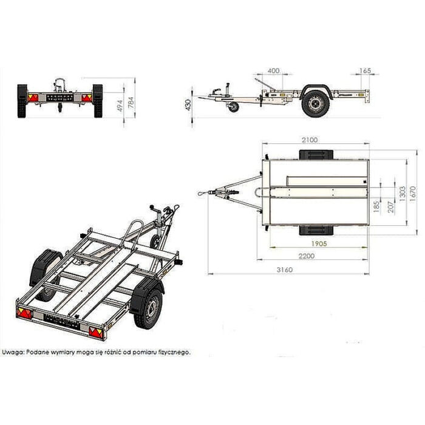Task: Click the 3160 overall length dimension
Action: point(285,270)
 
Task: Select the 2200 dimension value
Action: point(307,256)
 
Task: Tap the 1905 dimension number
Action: point(319,243)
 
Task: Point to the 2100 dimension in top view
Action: point(310,140)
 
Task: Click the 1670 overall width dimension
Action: point(413,194)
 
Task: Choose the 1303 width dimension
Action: point(403,194)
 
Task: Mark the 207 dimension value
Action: point(391,206)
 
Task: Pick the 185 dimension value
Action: point(376,206)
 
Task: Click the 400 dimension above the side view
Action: point(273,71)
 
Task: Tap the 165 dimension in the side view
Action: point(365,71)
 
